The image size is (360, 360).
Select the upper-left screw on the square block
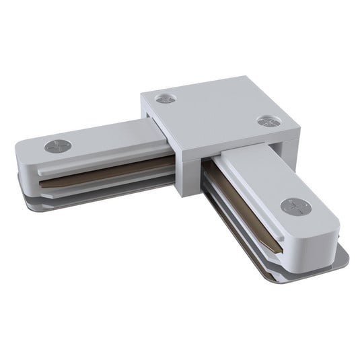coord(166,98)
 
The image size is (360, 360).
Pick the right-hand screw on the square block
coord(267,122)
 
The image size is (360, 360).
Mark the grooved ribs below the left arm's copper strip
coord(101,188)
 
